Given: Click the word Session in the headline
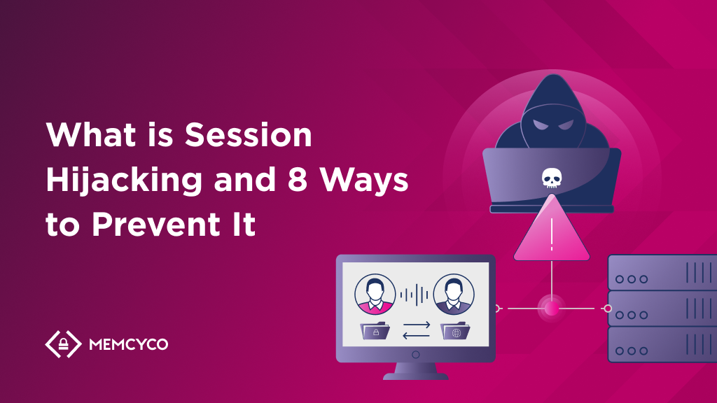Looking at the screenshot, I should point(249,135).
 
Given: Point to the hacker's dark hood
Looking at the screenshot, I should point(552,105).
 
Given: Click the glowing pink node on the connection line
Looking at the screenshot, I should point(552,308).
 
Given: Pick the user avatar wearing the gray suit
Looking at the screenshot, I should point(453,293).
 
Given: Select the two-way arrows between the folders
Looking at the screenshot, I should point(415,330).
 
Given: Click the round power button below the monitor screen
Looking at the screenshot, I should point(415,355).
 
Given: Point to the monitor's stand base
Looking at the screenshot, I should point(415,376).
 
